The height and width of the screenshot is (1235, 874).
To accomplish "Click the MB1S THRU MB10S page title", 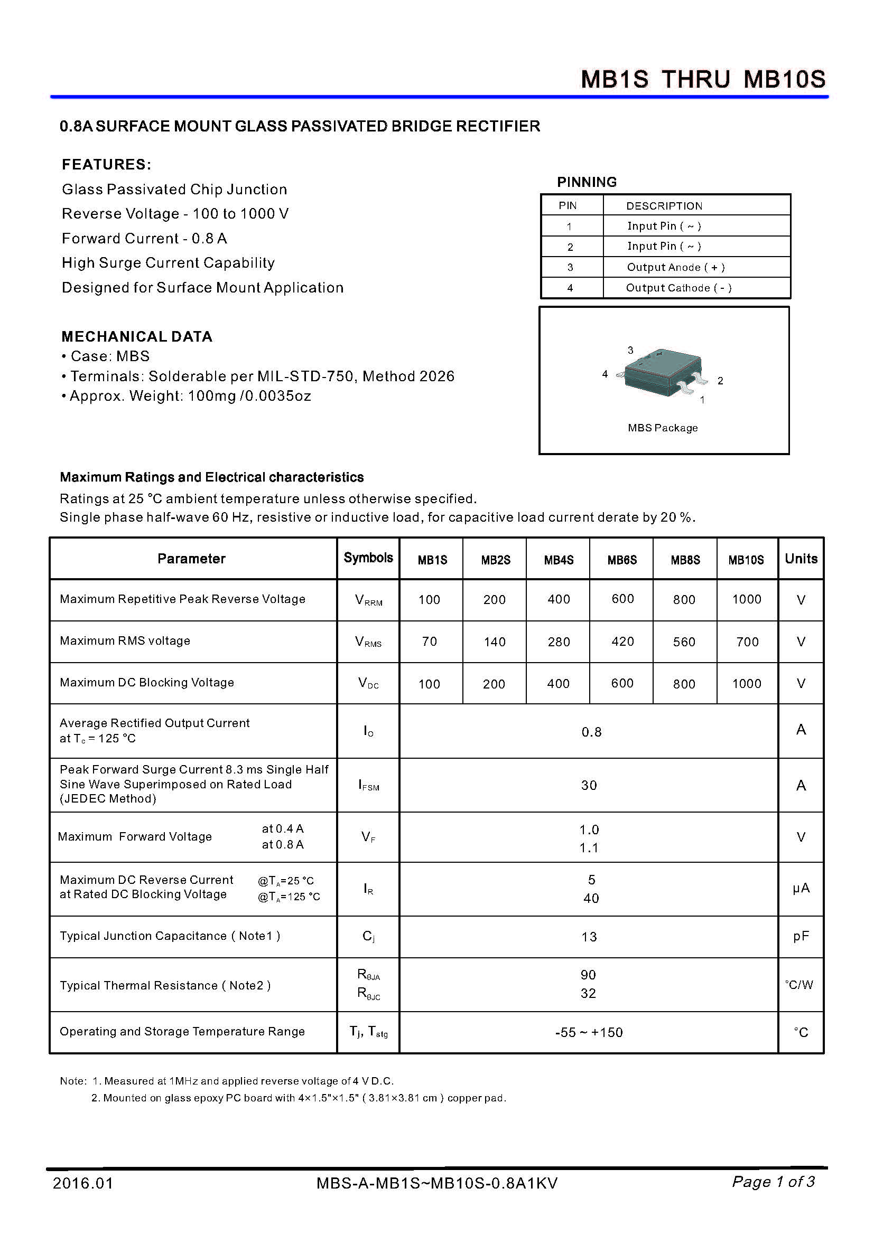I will (x=702, y=80).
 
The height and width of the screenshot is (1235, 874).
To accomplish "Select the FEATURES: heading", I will (x=107, y=165).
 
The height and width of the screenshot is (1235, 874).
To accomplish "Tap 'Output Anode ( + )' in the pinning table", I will (x=675, y=267).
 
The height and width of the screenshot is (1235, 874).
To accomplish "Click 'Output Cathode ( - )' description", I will (x=678, y=288).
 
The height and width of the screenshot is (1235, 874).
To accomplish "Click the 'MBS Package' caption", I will (x=663, y=428).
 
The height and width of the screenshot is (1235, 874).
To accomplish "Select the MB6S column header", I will (x=621, y=560).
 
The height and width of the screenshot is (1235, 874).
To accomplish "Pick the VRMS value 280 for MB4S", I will (x=559, y=642).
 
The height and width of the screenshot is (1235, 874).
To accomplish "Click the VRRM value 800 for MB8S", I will (x=684, y=600).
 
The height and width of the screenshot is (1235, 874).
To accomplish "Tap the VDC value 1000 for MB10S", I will (x=747, y=684).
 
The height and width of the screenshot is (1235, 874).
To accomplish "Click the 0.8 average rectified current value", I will (x=591, y=732).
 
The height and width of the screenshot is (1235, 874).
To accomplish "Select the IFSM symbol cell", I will (x=369, y=785).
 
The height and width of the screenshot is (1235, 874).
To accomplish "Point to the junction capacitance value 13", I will (x=589, y=937).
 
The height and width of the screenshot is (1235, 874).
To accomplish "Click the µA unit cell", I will (x=800, y=888).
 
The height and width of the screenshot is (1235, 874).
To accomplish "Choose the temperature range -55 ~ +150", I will (x=589, y=1032).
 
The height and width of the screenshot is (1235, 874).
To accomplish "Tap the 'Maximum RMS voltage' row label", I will (x=125, y=640).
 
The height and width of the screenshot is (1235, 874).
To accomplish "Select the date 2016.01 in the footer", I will (x=83, y=1183).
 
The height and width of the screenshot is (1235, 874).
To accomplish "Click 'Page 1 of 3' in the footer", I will (x=773, y=1182).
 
